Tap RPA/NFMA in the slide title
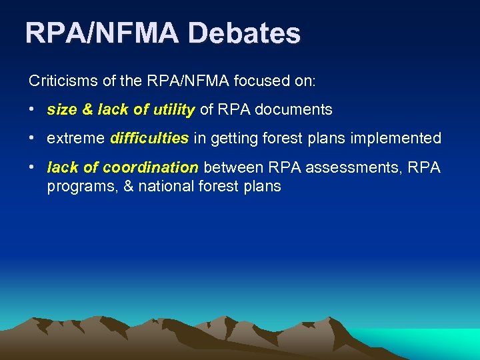pos(102,33)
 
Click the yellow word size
pos(60,109)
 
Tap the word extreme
pos(75,138)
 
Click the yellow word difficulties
pos(149,138)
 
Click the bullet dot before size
pos(32,109)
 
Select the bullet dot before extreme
pos(32,138)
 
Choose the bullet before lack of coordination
pos(32,167)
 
